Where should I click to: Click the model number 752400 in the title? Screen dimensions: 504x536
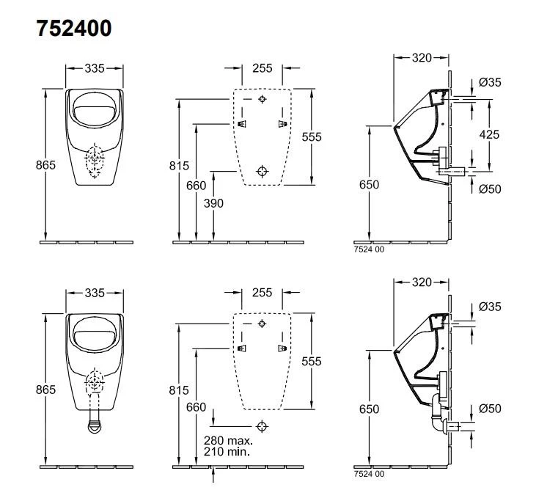pyautogui.click(x=73, y=29)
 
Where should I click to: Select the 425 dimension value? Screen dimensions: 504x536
pyautogui.click(x=490, y=134)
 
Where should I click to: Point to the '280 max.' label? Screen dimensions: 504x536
pyautogui.click(x=229, y=440)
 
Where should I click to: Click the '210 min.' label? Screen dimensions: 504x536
pyautogui.click(x=227, y=452)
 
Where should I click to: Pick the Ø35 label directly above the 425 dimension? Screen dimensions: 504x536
pyautogui.click(x=490, y=83)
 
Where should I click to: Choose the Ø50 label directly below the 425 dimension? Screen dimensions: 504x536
pyautogui.click(x=490, y=189)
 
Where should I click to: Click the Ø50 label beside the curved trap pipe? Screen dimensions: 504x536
pyautogui.click(x=490, y=409)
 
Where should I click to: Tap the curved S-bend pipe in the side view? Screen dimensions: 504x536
pyautogui.click(x=438, y=414)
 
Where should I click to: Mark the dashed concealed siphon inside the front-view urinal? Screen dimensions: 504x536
pyautogui.click(x=95, y=163)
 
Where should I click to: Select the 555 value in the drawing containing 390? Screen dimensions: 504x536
pyautogui.click(x=312, y=136)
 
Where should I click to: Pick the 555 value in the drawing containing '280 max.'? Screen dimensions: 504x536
pyautogui.click(x=312, y=361)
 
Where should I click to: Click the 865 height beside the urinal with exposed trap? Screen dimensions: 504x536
pyautogui.click(x=45, y=390)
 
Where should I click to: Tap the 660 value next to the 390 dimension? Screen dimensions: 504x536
pyautogui.click(x=196, y=186)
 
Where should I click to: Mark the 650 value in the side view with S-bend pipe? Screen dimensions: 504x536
pyautogui.click(x=370, y=409)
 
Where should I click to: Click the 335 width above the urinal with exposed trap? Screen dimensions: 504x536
pyautogui.click(x=94, y=293)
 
